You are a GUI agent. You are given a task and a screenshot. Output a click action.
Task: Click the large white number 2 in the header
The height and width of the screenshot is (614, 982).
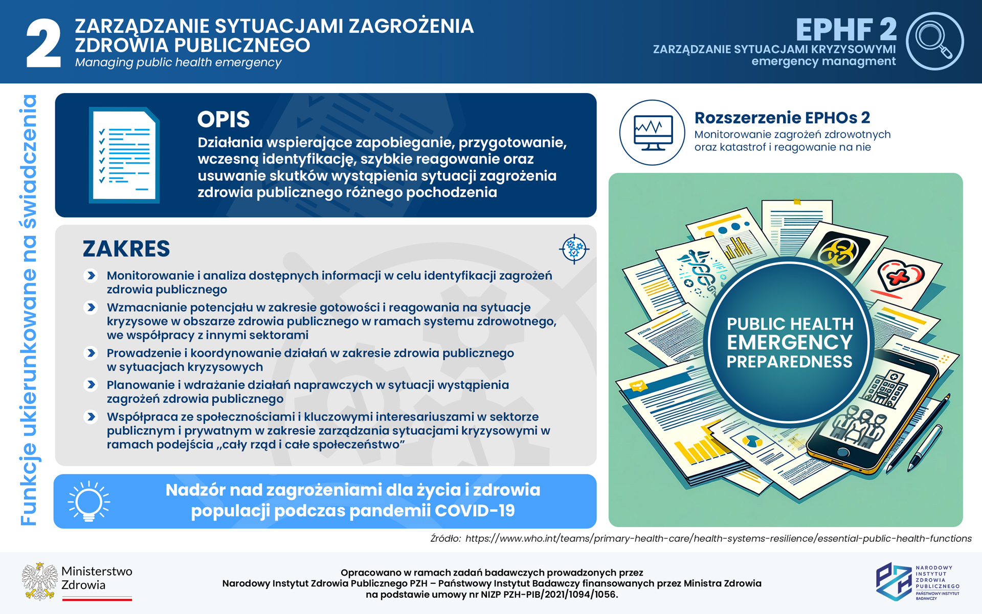click(x=43, y=44)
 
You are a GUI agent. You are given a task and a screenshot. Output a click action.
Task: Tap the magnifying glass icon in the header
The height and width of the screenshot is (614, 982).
click(x=934, y=40)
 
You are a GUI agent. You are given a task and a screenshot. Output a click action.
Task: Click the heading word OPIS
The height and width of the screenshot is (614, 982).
click(x=224, y=120)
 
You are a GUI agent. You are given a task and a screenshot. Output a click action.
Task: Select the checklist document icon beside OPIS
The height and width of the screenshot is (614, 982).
click(x=124, y=155)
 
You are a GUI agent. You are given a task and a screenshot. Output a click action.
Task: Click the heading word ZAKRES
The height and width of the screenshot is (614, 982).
click(x=126, y=249)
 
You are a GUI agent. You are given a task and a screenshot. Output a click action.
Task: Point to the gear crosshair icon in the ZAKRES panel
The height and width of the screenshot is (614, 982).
click(x=574, y=249)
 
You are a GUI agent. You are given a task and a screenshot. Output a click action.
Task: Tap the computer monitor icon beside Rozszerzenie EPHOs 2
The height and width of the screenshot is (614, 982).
click(x=652, y=133)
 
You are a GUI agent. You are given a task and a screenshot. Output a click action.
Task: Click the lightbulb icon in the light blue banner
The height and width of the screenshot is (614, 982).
click(x=89, y=501)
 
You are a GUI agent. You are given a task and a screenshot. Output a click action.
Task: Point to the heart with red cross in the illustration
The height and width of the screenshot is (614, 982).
click(x=901, y=277)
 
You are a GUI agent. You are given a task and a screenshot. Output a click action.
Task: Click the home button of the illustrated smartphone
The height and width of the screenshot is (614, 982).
click(x=842, y=452)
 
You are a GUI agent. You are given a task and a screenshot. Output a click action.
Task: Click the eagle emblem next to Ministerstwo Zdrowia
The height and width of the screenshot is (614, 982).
click(x=39, y=581)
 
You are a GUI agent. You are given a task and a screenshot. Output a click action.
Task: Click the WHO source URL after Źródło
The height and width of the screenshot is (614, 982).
click(x=718, y=539)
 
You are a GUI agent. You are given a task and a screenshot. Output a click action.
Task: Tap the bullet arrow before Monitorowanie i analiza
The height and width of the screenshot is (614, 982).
click(x=91, y=276)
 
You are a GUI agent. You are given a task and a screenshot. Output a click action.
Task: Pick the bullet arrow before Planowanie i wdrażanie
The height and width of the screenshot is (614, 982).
click(x=91, y=385)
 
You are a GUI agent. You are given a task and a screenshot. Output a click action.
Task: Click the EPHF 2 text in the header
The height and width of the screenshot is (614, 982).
click(x=846, y=30)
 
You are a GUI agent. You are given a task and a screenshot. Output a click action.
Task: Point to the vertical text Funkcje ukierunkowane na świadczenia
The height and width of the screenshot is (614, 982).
click(x=29, y=310)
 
